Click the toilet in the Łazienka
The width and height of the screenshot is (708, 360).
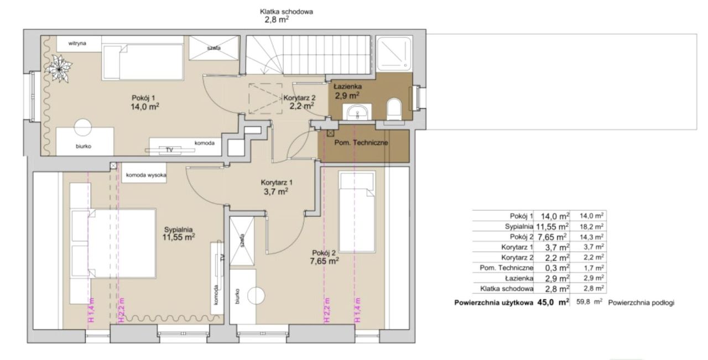point(394,109)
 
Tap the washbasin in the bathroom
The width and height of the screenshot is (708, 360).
point(357,112)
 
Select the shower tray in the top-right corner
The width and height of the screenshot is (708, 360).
point(394,53)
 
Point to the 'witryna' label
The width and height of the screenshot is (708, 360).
point(77,43)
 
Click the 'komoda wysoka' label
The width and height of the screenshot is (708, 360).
point(146,175)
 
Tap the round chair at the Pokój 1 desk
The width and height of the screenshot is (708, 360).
point(83,127)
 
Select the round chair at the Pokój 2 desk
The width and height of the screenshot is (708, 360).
point(256,296)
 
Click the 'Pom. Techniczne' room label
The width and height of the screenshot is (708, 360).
point(361,143)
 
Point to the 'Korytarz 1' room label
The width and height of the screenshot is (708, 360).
point(277,182)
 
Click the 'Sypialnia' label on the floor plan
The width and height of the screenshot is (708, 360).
point(178,230)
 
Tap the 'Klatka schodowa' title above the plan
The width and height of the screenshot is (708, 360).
point(287,12)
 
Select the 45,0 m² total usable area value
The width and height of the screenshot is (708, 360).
point(553,302)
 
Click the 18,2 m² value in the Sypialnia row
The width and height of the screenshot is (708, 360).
point(592,226)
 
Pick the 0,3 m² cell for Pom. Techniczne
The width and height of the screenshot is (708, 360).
point(557,268)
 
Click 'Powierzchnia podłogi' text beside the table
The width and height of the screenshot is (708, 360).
point(641,303)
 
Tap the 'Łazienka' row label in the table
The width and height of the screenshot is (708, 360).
point(519,278)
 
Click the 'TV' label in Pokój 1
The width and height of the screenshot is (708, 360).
point(170,150)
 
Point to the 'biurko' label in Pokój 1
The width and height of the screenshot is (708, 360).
point(84,147)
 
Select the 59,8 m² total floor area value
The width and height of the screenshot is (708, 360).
point(589,301)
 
